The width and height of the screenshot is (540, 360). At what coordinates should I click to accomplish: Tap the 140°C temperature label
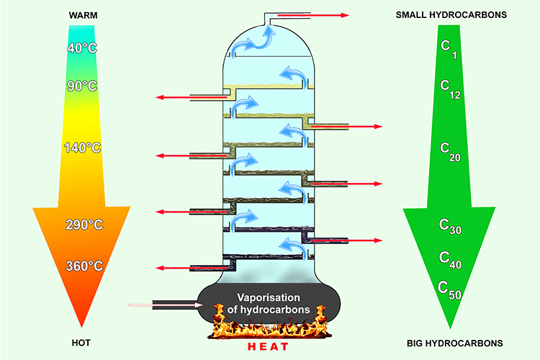[83, 148]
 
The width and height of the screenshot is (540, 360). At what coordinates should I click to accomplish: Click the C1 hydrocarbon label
[449, 48]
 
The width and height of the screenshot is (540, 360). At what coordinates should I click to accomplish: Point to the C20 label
[451, 150]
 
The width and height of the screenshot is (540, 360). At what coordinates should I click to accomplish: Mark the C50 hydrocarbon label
[451, 290]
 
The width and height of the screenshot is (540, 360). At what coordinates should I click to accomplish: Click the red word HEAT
[268, 347]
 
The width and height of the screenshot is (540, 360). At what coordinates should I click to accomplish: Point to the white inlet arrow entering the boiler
[166, 305]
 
